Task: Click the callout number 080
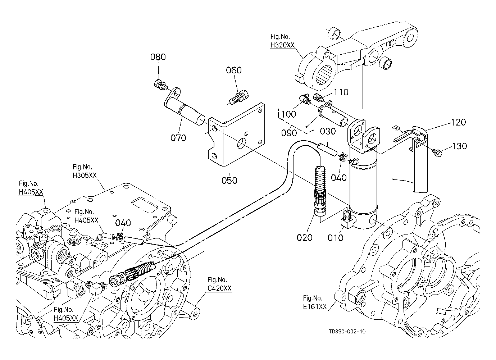tap(158, 57)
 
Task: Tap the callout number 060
tap(233, 70)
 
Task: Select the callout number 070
tap(178, 138)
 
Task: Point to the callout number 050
tap(229, 180)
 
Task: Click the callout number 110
tap(341, 92)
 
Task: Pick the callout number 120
tap(458, 122)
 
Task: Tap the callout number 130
tap(459, 146)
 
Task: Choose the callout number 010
tap(335, 238)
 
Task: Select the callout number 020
tap(304, 238)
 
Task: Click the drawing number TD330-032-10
tap(347, 332)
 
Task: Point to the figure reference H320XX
tap(283, 45)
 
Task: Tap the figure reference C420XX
tap(219, 288)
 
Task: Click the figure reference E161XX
tap(315, 306)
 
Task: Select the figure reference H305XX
tap(85, 176)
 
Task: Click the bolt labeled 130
tap(437, 152)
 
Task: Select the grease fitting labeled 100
tap(304, 99)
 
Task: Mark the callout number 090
tap(289, 133)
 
